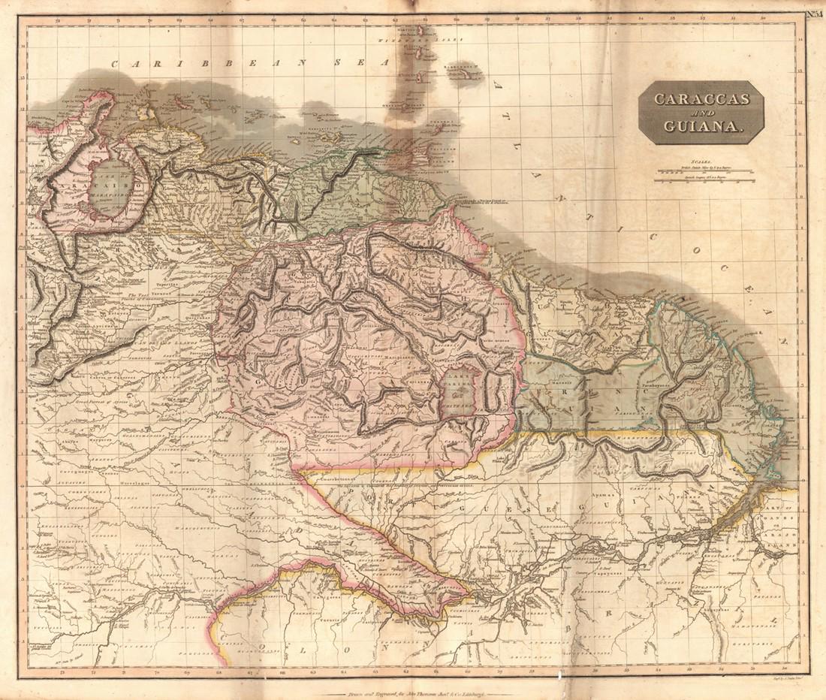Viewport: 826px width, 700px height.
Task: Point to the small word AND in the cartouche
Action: coord(699,113)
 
